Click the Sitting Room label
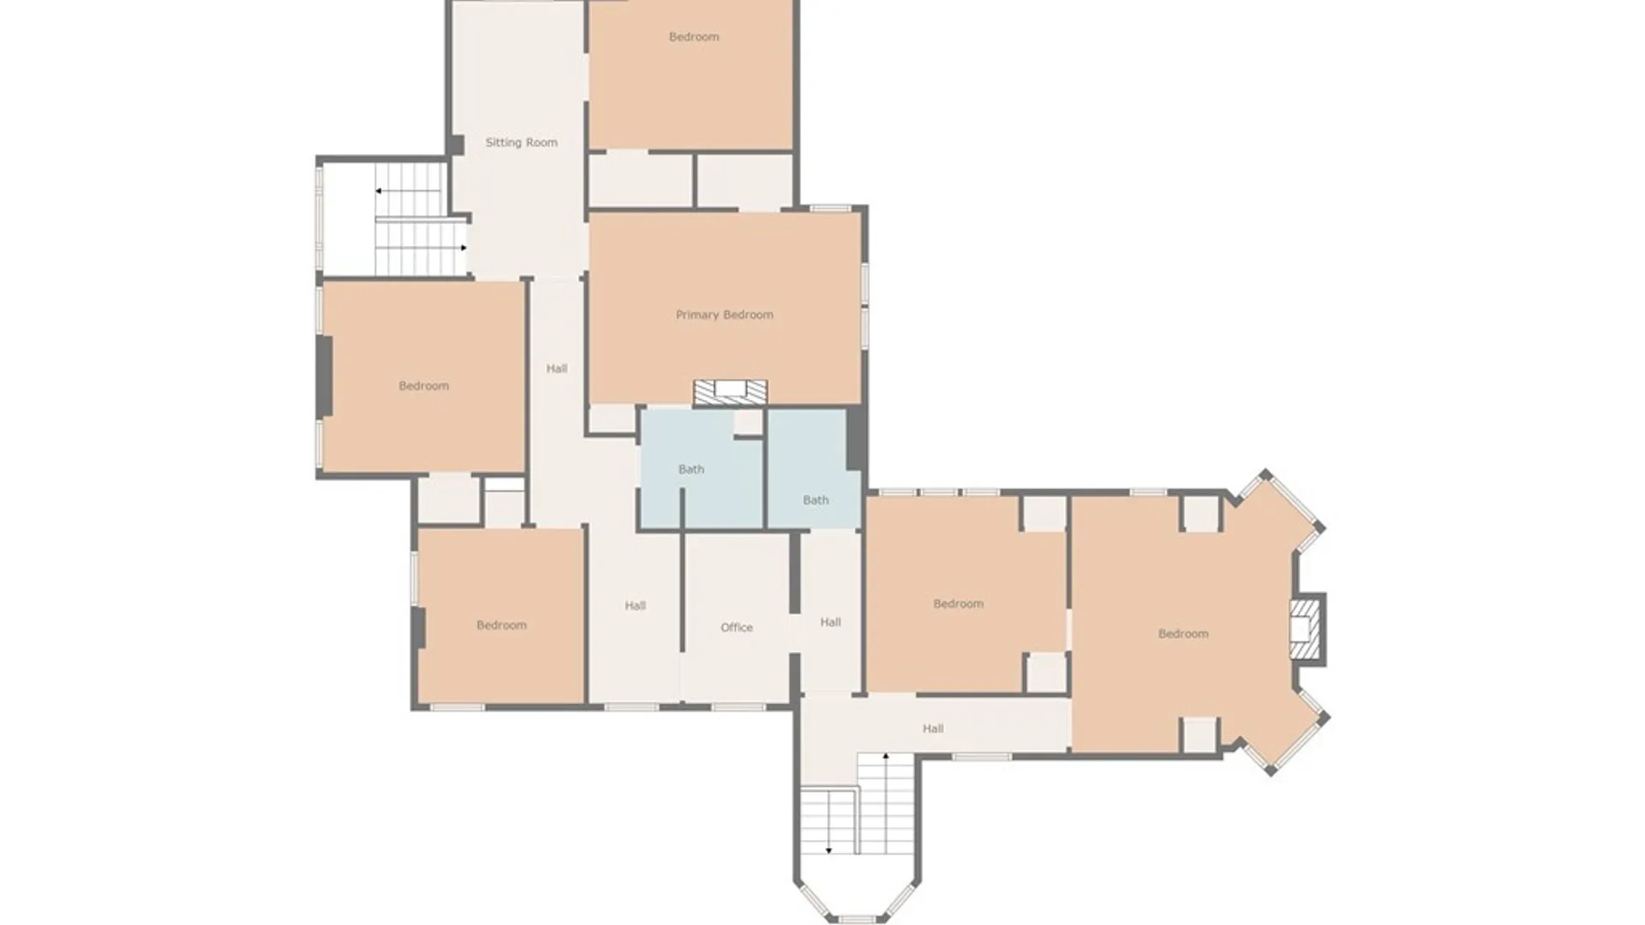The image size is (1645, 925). pyautogui.click(x=521, y=142)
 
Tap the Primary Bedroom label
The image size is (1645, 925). pyautogui.click(x=724, y=314)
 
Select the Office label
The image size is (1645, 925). pyautogui.click(x=736, y=627)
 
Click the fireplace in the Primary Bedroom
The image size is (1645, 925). pyautogui.click(x=730, y=391)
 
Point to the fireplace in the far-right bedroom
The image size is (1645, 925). pyautogui.click(x=1305, y=630)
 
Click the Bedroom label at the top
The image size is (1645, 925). pyautogui.click(x=693, y=37)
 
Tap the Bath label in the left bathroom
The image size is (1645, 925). pyautogui.click(x=691, y=469)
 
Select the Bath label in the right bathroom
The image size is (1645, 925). pyautogui.click(x=816, y=499)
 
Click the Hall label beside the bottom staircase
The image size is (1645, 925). pyautogui.click(x=933, y=728)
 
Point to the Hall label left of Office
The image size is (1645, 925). pyautogui.click(x=635, y=606)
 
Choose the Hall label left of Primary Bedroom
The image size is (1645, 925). pyautogui.click(x=556, y=368)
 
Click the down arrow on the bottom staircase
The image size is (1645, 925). pyautogui.click(x=828, y=850)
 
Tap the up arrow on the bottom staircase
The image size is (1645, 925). pyautogui.click(x=886, y=756)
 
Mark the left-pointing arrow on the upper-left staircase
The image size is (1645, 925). pyautogui.click(x=378, y=191)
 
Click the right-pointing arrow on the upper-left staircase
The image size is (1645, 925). pyautogui.click(x=464, y=248)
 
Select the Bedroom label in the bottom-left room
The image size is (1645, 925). pyautogui.click(x=501, y=625)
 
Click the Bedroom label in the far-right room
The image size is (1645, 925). pyautogui.click(x=1182, y=634)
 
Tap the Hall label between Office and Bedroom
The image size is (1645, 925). pyautogui.click(x=830, y=622)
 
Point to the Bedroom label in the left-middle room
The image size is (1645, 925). pyautogui.click(x=423, y=385)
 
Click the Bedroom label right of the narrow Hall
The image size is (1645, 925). pyautogui.click(x=958, y=604)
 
